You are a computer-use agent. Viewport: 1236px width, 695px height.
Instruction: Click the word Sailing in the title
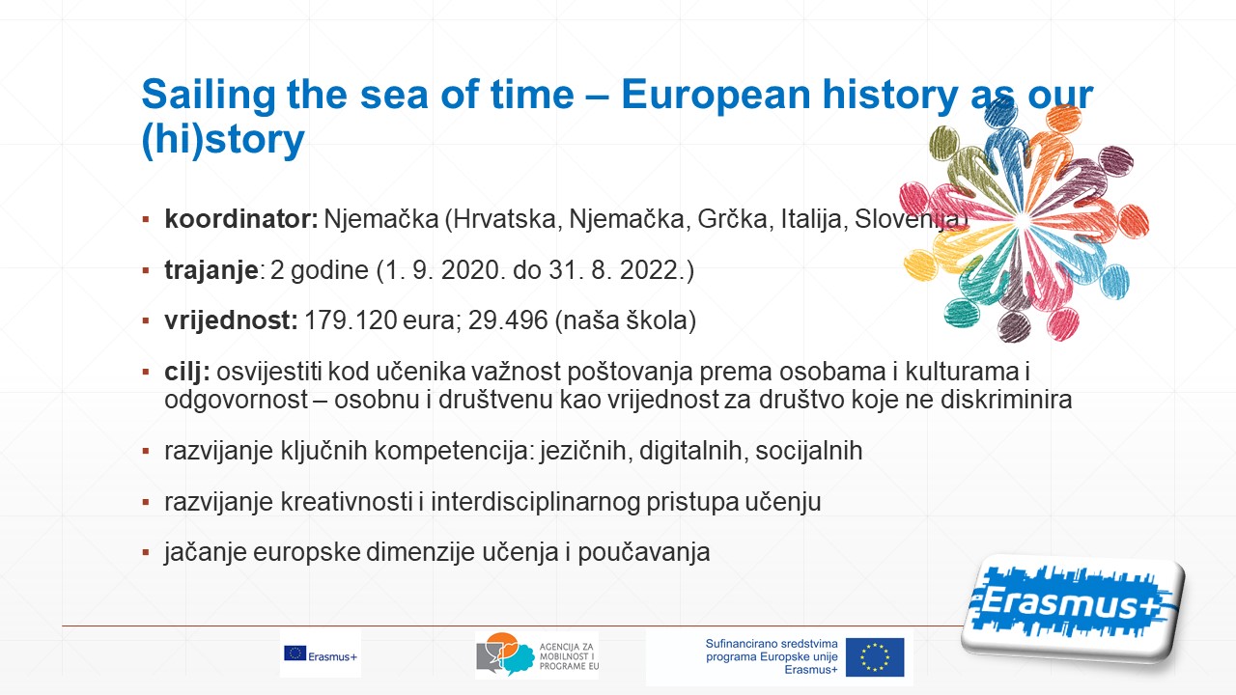pyautogui.click(x=209, y=96)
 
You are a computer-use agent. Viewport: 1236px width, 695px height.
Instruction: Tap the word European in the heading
pyautogui.click(x=716, y=96)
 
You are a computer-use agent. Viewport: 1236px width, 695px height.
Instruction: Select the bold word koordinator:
pyautogui.click(x=241, y=219)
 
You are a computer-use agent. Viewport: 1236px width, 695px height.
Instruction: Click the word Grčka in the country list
pyautogui.click(x=732, y=219)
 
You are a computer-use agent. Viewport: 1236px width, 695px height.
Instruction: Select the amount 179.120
pyautogui.click(x=351, y=320)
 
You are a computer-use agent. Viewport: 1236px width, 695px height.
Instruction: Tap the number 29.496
pyautogui.click(x=508, y=320)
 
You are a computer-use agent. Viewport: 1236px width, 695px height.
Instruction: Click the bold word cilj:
pyautogui.click(x=187, y=373)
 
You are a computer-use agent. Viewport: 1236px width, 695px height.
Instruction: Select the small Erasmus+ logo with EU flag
pyautogui.click(x=321, y=654)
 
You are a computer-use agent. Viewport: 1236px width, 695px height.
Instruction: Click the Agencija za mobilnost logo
pyautogui.click(x=537, y=654)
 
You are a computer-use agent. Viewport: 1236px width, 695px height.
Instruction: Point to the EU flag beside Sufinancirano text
pyautogui.click(x=875, y=657)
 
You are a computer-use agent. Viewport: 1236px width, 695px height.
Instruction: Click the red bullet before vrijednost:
pyautogui.click(x=146, y=321)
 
